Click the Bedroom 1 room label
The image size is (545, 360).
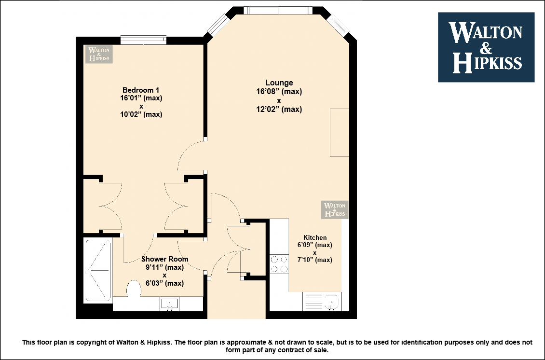tap(141, 90)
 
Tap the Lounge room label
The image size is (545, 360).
tap(279, 83)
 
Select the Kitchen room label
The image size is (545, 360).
tap(315, 237)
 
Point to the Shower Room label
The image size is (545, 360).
tap(165, 259)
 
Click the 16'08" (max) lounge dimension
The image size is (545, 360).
tap(279, 92)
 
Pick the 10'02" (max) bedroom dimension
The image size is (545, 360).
tap(141, 114)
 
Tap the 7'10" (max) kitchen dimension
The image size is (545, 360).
tap(315, 260)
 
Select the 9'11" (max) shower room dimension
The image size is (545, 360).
tap(164, 267)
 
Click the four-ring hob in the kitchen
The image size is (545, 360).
tap(279, 264)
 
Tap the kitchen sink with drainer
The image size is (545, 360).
tap(321, 302)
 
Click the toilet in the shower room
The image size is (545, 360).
tap(134, 289)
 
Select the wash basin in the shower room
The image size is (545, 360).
tap(169, 304)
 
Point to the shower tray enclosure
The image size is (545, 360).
tap(98, 270)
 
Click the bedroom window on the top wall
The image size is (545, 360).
tap(143, 40)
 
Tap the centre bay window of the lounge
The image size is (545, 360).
tap(278, 10)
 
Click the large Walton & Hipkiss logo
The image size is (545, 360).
tap(486, 47)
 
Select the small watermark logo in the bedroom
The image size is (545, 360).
tap(99, 54)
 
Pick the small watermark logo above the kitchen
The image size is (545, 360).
tap(334, 209)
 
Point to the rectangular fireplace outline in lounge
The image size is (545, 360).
tap(340, 132)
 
